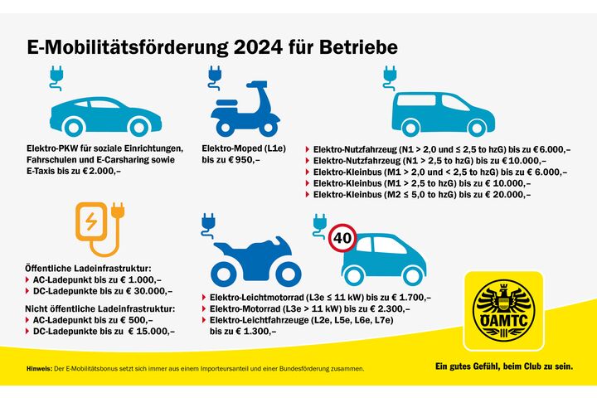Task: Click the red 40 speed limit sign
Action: [343, 238]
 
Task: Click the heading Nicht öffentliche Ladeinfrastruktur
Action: [99, 308]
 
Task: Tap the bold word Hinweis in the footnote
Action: [38, 367]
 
